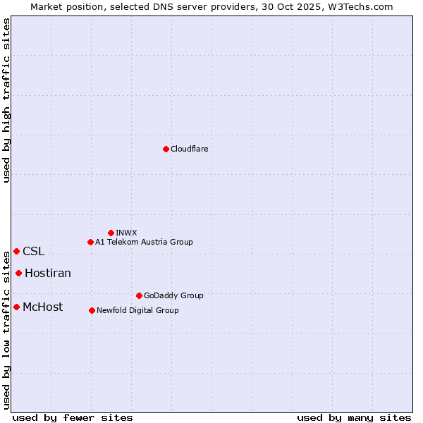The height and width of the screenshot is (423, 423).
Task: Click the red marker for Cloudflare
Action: [x=166, y=149]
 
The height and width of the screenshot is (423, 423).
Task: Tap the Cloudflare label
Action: [x=189, y=149]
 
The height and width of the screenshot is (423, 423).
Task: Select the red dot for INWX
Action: [x=111, y=233]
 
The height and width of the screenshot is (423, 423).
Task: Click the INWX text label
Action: [x=126, y=233]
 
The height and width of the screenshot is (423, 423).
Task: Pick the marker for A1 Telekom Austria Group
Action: [x=90, y=242]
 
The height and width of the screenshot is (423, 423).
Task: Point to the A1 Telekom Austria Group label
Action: [x=144, y=242]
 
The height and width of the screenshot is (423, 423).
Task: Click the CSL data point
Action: [x=16, y=251]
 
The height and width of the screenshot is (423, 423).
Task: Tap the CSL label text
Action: [x=33, y=251]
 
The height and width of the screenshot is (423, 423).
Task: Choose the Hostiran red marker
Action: [x=18, y=273]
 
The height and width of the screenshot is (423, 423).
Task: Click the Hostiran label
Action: [x=48, y=273]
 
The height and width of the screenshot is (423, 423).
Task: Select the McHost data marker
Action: [x=16, y=307]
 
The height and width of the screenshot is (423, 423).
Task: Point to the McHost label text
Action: [x=42, y=307]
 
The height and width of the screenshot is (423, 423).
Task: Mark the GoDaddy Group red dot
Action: [x=139, y=295]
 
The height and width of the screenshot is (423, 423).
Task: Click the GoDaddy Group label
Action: [x=173, y=295]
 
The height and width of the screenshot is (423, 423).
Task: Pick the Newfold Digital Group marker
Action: [x=92, y=310]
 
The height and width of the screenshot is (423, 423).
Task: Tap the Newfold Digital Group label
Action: [x=137, y=310]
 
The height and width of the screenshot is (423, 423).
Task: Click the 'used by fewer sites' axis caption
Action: [x=73, y=417]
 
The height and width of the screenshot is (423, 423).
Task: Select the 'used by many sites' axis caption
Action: [x=354, y=417]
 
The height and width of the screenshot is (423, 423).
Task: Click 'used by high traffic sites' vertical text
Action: [x=6, y=100]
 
